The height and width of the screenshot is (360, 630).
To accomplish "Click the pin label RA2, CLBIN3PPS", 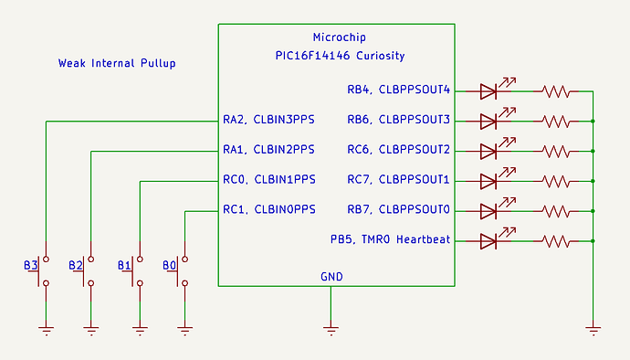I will click(x=268, y=120).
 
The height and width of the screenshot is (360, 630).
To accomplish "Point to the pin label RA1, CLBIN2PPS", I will click(x=268, y=150).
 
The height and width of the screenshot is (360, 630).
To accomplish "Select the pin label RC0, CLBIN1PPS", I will click(x=268, y=180).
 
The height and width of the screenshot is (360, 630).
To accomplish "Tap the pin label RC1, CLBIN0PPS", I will click(x=268, y=210).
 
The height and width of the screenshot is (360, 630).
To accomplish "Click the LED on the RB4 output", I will click(x=488, y=90).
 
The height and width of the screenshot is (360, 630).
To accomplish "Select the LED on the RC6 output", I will click(x=488, y=150).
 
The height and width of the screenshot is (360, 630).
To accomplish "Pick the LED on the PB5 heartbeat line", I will click(x=488, y=241).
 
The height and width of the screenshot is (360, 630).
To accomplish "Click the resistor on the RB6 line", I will click(x=555, y=121).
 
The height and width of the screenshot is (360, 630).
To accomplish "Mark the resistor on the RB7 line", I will click(x=555, y=211).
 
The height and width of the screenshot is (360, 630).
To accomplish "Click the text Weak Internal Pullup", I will click(x=117, y=64).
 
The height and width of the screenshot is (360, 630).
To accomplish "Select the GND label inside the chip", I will click(x=331, y=276).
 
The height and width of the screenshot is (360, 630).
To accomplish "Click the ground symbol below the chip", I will click(x=331, y=325).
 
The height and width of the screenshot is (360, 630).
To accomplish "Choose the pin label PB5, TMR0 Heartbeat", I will click(x=391, y=240).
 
